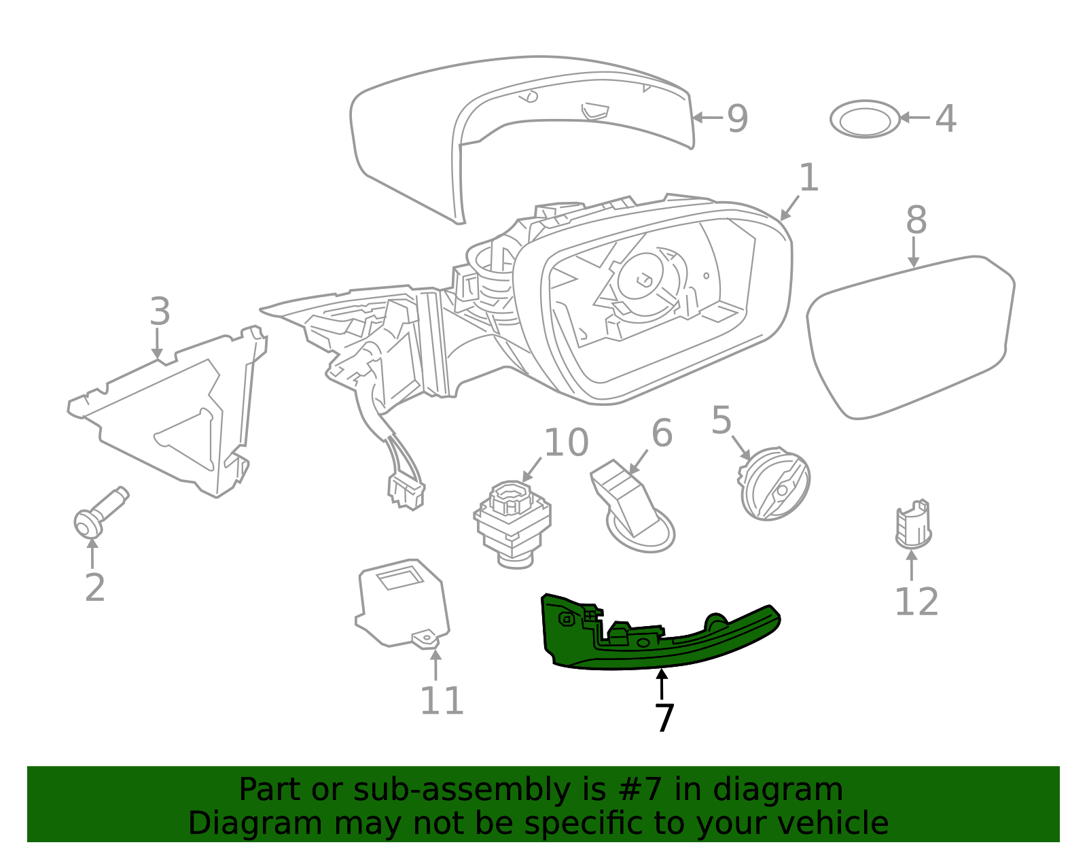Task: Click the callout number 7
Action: [664, 718]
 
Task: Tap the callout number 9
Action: [737, 118]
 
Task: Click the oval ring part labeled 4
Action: [865, 120]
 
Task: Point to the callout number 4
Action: [946, 119]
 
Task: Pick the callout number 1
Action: [808, 178]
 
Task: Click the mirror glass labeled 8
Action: [910, 336]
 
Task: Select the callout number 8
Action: [916, 221]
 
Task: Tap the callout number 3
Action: [160, 312]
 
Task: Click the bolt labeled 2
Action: [99, 514]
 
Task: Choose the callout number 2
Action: [95, 587]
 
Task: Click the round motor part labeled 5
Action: [774, 483]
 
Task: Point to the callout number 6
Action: [662, 433]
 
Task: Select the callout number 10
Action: [566, 443]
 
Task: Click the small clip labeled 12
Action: [913, 524]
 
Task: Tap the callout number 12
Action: [916, 602]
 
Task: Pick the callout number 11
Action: [442, 701]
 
